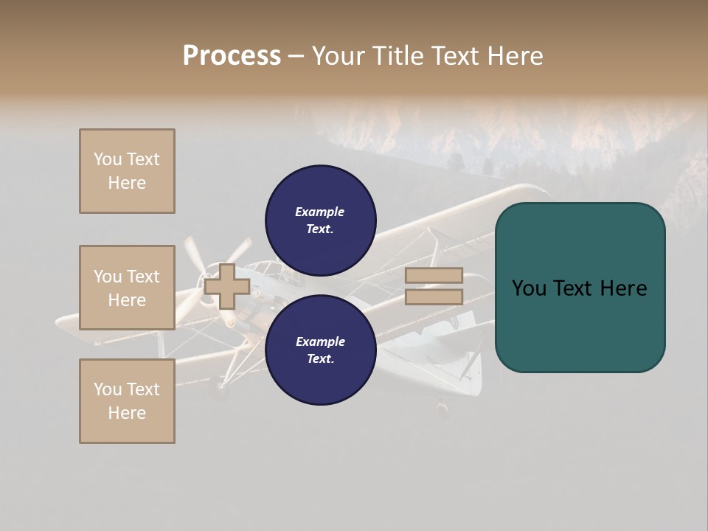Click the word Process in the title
click(232, 56)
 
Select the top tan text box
click(127, 171)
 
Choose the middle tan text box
click(127, 288)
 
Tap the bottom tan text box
click(127, 400)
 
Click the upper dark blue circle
click(320, 220)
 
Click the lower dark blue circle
click(320, 350)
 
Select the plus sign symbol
click(226, 286)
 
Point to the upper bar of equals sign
click(434, 275)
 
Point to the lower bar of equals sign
click(434, 296)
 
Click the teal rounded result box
click(580, 288)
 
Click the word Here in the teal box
click(623, 288)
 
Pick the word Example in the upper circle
click(319, 212)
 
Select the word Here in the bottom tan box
click(127, 413)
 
